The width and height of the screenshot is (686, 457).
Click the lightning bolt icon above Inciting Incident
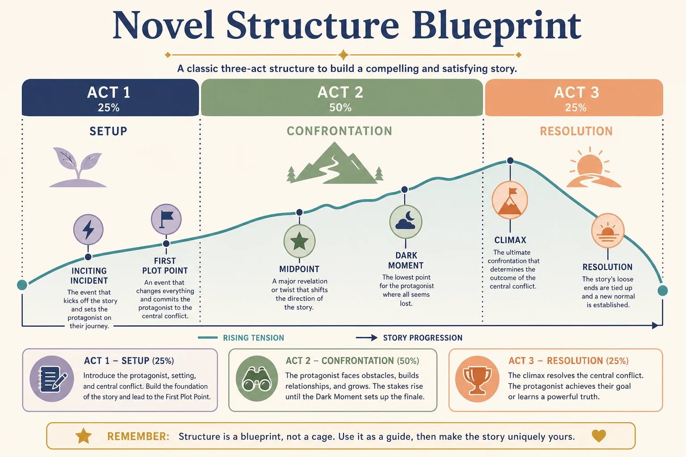(x=88, y=229)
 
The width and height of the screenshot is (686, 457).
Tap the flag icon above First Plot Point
(x=166, y=219)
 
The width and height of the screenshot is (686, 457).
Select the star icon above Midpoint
(x=299, y=241)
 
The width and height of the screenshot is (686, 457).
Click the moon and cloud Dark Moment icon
(x=406, y=222)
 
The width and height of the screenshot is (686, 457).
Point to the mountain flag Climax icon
(x=510, y=200)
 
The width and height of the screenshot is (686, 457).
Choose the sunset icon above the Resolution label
(x=607, y=230)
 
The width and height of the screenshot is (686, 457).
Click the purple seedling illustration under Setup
(x=78, y=167)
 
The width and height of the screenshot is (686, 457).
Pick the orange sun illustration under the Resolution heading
(x=593, y=167)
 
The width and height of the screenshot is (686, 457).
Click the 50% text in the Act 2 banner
(x=340, y=108)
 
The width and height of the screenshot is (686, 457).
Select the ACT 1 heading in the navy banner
(x=109, y=92)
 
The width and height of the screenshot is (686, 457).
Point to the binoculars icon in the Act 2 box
(x=257, y=378)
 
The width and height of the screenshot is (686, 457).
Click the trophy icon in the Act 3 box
(x=477, y=379)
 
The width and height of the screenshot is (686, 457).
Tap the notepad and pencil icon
(x=52, y=378)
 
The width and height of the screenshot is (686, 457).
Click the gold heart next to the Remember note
(x=599, y=436)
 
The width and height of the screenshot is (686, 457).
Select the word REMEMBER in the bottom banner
(x=138, y=436)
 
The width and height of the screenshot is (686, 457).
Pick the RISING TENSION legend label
(x=254, y=338)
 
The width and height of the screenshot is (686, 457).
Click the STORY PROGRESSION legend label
(x=422, y=338)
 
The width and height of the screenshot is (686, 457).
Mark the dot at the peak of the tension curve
(x=510, y=161)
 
